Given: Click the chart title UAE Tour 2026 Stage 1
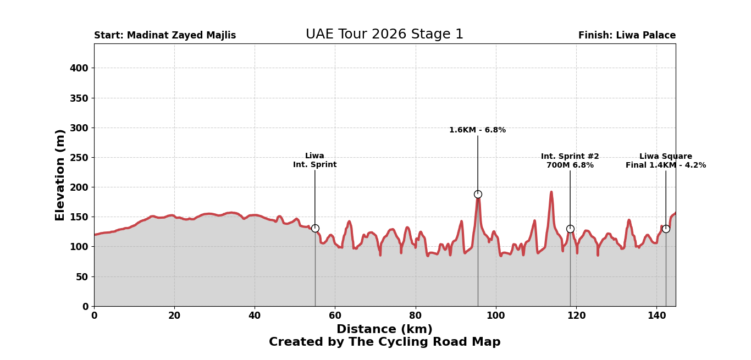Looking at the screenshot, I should (x=384, y=35).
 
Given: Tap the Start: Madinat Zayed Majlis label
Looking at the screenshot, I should (x=165, y=36).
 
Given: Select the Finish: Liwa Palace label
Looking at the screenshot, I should (x=627, y=36).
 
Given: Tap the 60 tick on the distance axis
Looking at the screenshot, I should (x=335, y=315).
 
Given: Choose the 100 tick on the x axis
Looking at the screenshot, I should (x=495, y=315).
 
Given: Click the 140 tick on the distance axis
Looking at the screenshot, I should (x=656, y=315).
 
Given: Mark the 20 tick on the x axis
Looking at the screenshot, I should (x=174, y=315).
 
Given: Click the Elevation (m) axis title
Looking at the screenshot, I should (x=60, y=175).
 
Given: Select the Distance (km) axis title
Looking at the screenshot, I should (x=384, y=329).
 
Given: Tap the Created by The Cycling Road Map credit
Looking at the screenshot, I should (x=384, y=342).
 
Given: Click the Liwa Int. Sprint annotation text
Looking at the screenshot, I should (x=314, y=160).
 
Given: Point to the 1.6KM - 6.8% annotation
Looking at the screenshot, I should (x=477, y=130).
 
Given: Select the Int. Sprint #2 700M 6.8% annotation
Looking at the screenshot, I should (x=570, y=161).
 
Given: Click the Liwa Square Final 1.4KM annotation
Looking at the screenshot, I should (x=665, y=161).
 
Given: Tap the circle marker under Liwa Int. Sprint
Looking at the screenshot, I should (x=315, y=228).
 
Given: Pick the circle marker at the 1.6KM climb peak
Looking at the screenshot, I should (x=478, y=194).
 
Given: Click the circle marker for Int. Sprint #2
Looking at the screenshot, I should (x=570, y=229).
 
